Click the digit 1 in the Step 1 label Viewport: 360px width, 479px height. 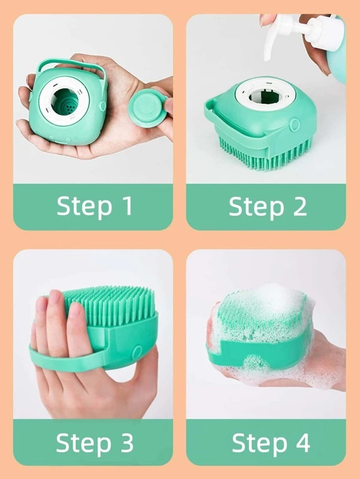[x=127, y=206]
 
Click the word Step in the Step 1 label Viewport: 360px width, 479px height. [x=84, y=207]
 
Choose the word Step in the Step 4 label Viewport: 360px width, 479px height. [x=259, y=444]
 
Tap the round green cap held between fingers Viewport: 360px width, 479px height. [x=148, y=107]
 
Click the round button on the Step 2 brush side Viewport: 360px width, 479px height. [x=295, y=124]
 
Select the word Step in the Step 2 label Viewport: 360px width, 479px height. [x=256, y=207]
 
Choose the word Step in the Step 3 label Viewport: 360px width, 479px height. [x=83, y=444]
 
